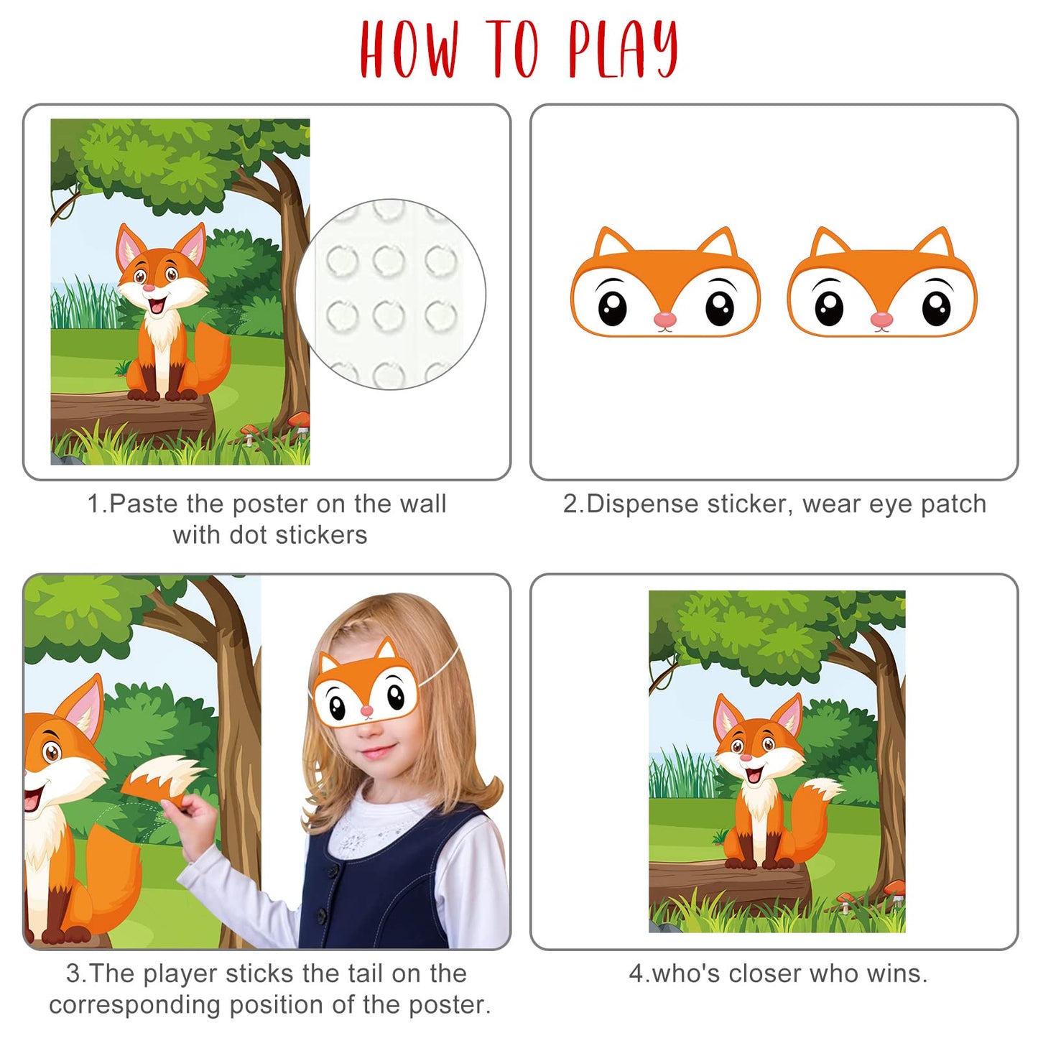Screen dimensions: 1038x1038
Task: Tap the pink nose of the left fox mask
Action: pos(665,320)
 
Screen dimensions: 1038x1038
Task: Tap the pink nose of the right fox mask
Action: pos(882,320)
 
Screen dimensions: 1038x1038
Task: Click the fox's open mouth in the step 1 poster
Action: pos(157,306)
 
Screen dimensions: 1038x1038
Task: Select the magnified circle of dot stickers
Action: pos(391,294)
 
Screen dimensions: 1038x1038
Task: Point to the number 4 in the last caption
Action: pos(636,974)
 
